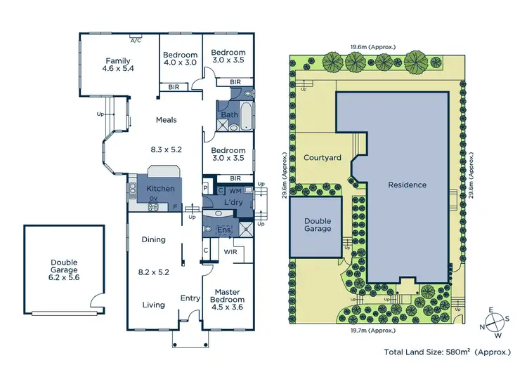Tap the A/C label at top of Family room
pos(135,40)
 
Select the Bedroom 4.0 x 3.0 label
pos(181,60)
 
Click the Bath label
pos(229,114)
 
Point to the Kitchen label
pos(160,189)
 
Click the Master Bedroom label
pos(227,296)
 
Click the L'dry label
pos(233,204)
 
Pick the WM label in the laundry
pos(236,190)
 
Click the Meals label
pos(166,120)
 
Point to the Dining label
pos(154,239)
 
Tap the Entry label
pos(190,298)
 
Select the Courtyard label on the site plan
pos(322,158)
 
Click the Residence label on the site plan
pos(408,185)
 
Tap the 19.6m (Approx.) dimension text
pos(373,47)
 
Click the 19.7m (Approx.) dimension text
pos(373,327)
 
